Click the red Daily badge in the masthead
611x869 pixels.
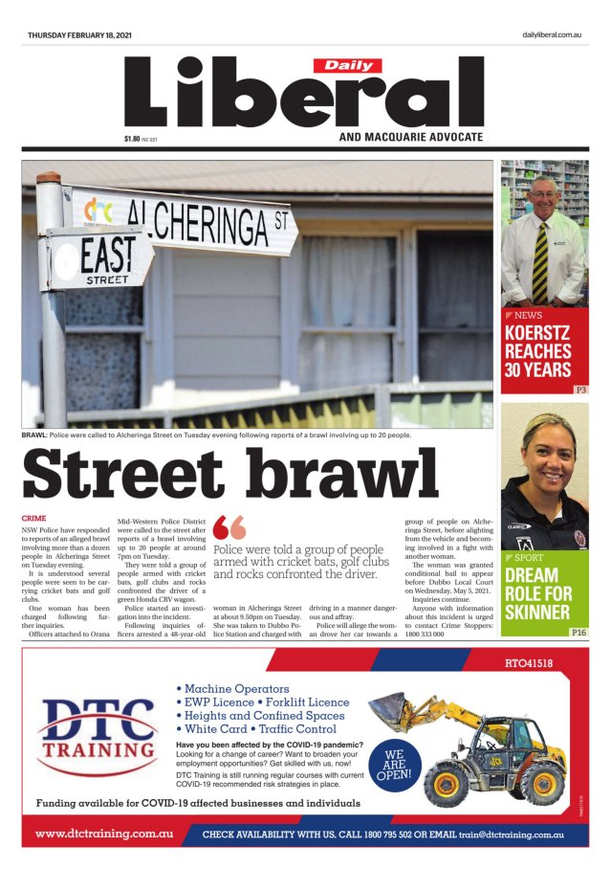[348, 66]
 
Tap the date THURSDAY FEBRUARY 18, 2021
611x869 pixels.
[79, 35]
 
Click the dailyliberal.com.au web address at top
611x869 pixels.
[552, 35]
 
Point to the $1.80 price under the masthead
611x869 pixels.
[132, 139]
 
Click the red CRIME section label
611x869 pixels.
[33, 518]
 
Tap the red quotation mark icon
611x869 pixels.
[229, 528]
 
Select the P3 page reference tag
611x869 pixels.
[579, 390]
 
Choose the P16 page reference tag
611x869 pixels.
[578, 633]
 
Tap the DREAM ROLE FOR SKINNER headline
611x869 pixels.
[537, 593]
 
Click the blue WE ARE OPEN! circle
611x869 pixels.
[394, 765]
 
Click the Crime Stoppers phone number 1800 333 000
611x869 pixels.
[425, 634]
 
